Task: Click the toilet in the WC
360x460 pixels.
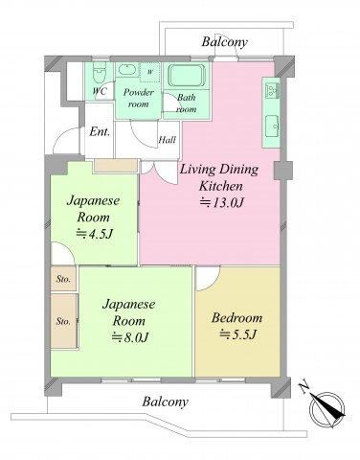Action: [100, 72]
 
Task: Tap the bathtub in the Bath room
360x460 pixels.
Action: [187, 76]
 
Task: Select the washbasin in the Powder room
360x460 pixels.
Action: [126, 69]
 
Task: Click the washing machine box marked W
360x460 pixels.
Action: [149, 72]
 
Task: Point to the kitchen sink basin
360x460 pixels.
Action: [272, 126]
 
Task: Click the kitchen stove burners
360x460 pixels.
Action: [272, 90]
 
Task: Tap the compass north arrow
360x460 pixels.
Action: [326, 406]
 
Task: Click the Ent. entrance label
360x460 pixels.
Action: [100, 131]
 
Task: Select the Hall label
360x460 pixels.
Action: [168, 140]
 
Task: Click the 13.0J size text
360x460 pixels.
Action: [222, 202]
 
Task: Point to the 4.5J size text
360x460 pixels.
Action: [95, 234]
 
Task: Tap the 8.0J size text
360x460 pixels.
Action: [130, 337]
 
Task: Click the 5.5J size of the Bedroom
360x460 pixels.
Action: [238, 334]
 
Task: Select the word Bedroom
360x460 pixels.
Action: [237, 318]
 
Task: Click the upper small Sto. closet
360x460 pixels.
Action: [63, 279]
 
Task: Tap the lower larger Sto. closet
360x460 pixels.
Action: [64, 321]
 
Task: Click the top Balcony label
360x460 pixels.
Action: [225, 42]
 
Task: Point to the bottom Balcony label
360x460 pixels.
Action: [165, 402]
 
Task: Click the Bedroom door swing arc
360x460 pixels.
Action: [214, 282]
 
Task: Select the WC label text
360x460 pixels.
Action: [100, 91]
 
